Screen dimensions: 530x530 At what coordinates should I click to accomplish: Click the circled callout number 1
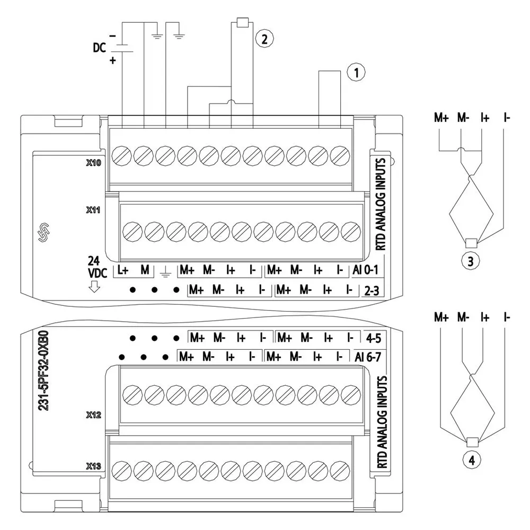click(356, 72)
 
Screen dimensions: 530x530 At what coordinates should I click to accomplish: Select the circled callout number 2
click(264, 39)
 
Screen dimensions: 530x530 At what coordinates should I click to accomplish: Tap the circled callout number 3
click(471, 261)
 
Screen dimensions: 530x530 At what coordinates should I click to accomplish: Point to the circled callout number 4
click(472, 460)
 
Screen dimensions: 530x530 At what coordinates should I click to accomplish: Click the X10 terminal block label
click(94, 163)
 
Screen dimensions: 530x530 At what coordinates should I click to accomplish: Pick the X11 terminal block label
click(93, 210)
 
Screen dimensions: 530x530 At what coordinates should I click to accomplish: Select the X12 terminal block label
click(94, 415)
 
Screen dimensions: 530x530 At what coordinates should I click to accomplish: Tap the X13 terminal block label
click(94, 466)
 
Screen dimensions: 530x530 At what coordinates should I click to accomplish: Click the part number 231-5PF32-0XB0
click(43, 370)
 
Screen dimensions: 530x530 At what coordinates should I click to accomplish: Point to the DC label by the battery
click(100, 48)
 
